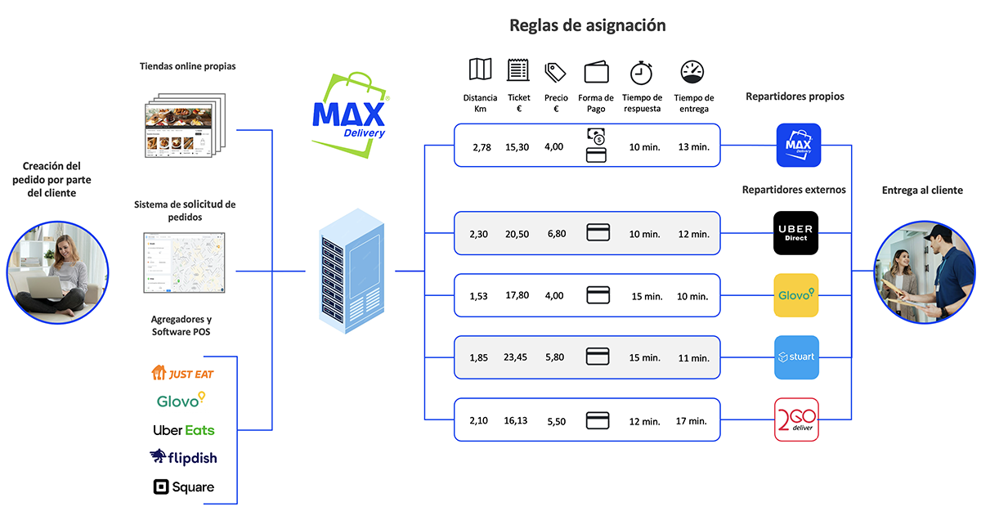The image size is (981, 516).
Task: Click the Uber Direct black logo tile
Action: click(796, 232)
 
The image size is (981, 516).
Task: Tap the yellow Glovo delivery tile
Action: click(796, 295)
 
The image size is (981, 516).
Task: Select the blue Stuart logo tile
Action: click(796, 357)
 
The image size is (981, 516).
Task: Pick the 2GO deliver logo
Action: click(796, 420)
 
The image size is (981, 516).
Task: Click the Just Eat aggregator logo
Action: click(183, 374)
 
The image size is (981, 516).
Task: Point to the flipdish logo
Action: click(183, 457)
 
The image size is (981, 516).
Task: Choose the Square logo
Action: click(183, 487)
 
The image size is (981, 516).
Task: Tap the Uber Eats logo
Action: click(183, 429)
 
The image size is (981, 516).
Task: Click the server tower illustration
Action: click(350, 271)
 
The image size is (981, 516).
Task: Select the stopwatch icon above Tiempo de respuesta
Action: click(642, 72)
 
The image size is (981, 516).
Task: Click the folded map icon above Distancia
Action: click(480, 70)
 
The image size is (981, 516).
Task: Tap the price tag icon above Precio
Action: click(556, 72)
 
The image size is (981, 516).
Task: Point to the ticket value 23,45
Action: click(517, 358)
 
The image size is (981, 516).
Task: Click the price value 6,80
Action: click(555, 234)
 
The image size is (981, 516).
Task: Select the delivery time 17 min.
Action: click(692, 421)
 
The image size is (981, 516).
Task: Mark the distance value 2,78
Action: click(482, 147)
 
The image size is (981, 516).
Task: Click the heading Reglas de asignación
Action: click(587, 25)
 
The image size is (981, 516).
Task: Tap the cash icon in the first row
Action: click(596, 136)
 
